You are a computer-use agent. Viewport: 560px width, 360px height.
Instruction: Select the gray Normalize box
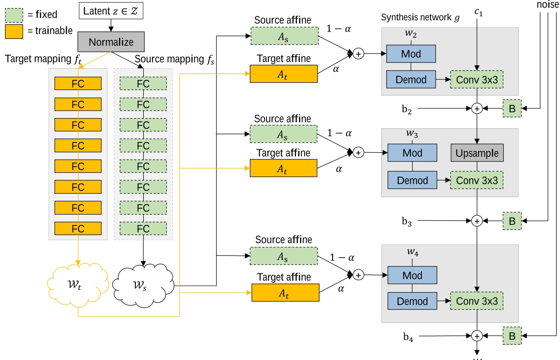[x=111, y=42]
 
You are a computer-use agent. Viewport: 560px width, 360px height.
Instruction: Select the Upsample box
[x=477, y=153]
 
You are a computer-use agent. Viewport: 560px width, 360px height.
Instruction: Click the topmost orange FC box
[x=78, y=84]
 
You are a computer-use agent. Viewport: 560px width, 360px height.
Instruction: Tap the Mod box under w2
[x=411, y=54]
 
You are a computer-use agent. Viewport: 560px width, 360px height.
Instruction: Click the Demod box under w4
[x=412, y=301]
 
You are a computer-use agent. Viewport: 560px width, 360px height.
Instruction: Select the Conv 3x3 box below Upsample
[x=477, y=180]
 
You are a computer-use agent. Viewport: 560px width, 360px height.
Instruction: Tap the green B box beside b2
[x=512, y=109]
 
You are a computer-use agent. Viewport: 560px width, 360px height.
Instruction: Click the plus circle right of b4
[x=477, y=336]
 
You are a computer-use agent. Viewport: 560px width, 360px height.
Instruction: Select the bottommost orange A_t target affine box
[x=285, y=293]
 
